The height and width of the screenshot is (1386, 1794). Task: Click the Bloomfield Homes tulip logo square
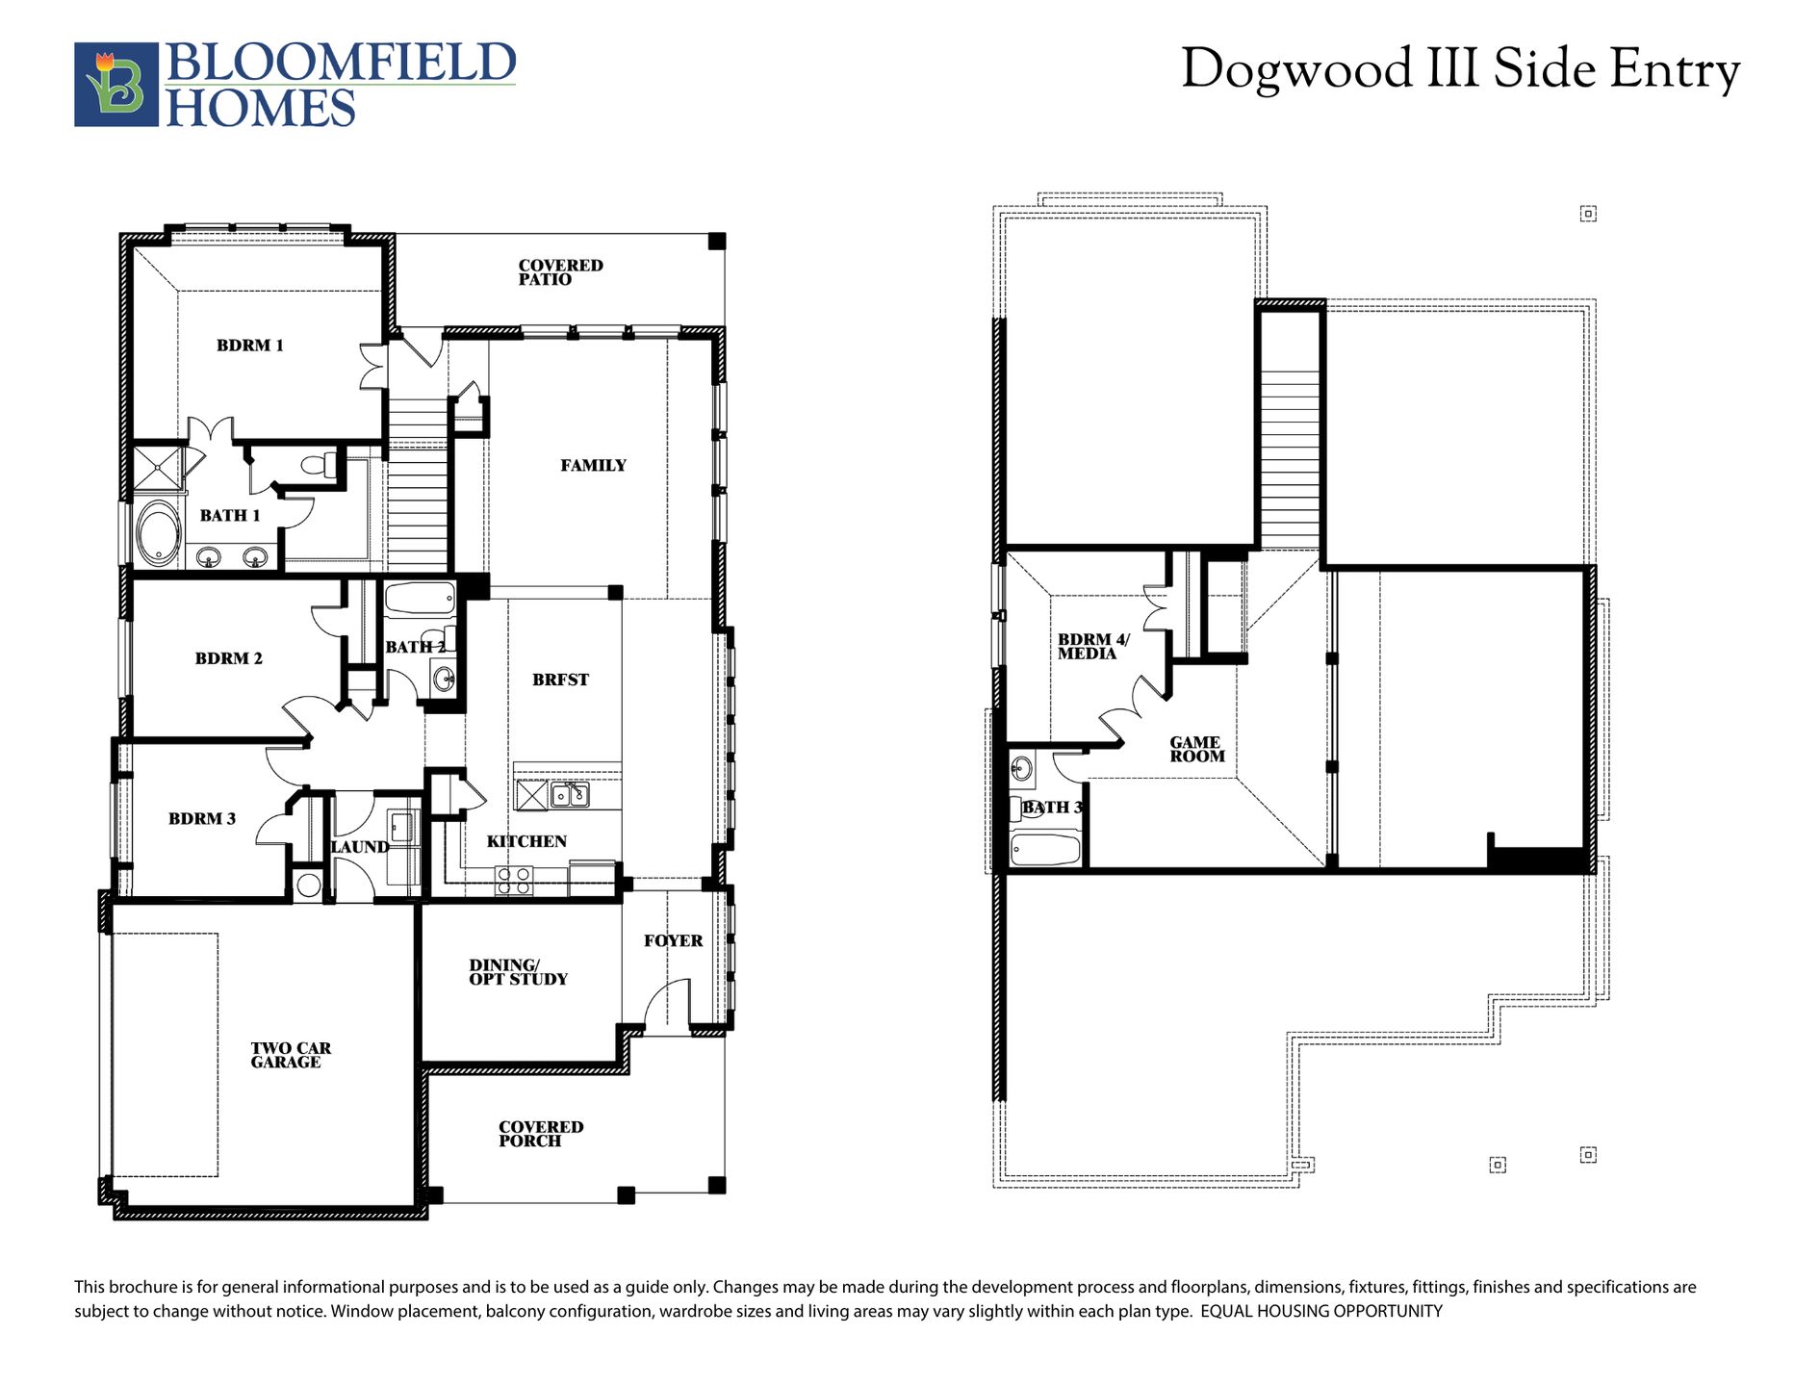coord(116,85)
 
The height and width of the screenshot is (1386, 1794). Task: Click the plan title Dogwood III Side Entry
coord(1460,69)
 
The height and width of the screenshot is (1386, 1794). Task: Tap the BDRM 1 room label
coord(250,346)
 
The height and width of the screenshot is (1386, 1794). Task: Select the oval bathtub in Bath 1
coord(158,534)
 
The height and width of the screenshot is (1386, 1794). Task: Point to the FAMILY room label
coord(593,466)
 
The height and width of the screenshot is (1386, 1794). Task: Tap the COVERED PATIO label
coord(560,272)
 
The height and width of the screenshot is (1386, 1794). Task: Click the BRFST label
coord(560,680)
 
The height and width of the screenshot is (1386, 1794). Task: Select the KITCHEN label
coord(526,841)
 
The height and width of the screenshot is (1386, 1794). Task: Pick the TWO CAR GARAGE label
coord(291,1055)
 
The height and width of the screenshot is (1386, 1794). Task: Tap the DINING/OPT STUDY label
coord(518,972)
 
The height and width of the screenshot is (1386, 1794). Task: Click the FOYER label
coord(673,940)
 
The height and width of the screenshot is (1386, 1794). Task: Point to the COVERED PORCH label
coord(541,1134)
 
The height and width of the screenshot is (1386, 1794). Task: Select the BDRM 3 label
coord(202,819)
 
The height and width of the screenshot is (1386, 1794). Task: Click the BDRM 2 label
coord(228,658)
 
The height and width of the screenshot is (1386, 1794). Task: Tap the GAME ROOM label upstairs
coord(1197,749)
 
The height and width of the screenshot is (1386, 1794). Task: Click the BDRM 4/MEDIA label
coord(1093,646)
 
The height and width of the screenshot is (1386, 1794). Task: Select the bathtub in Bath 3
coord(1045,850)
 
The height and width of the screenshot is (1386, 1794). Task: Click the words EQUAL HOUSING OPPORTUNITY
coord(1321,1311)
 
